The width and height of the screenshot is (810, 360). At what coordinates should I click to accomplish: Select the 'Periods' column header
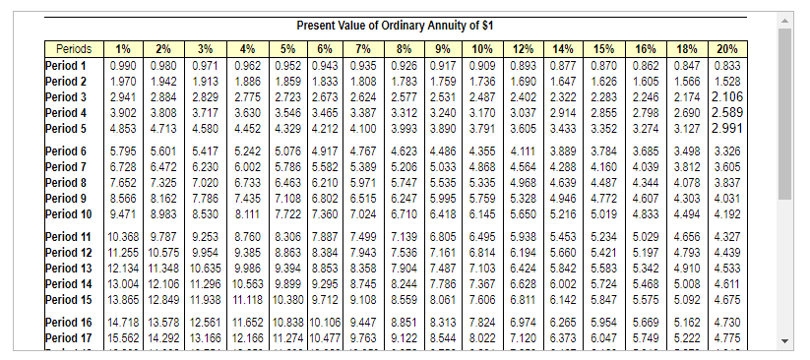tap(74, 48)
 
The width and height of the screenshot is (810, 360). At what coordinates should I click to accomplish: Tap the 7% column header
tap(362, 48)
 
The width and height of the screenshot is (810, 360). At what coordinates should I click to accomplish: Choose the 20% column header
tap(727, 48)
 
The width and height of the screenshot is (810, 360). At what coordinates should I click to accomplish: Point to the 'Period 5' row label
tap(67, 128)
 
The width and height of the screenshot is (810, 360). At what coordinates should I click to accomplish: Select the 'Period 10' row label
tap(70, 213)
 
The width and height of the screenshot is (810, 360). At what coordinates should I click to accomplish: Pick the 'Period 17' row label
tap(70, 339)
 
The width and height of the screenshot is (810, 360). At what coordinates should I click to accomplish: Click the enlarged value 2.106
tap(726, 97)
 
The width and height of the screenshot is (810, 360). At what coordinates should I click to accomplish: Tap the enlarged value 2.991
tap(726, 128)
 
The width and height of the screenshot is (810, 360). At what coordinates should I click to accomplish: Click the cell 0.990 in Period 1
tap(124, 64)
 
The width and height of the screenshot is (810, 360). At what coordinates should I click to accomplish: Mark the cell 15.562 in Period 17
tap(124, 339)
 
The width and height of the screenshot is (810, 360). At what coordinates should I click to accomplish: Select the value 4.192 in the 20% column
tap(727, 213)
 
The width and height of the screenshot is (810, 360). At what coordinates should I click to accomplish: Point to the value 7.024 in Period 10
tap(362, 213)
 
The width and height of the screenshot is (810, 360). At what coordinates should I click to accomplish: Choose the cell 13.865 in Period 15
tap(124, 299)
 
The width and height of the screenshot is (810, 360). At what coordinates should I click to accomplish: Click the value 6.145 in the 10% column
tap(482, 213)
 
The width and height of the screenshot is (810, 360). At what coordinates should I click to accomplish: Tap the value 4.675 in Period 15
tap(727, 299)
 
